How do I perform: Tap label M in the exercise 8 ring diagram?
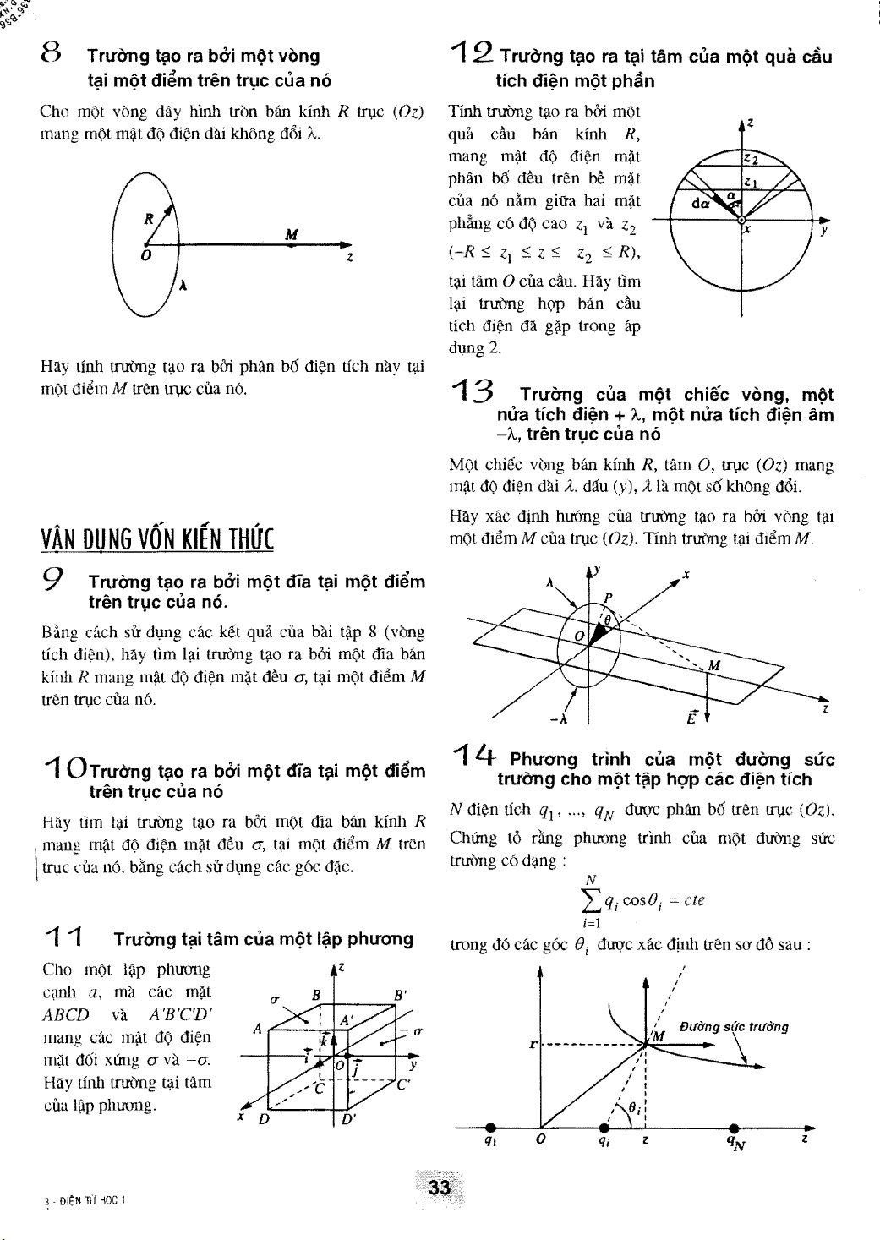click(290, 235)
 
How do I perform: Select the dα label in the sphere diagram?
click(701, 204)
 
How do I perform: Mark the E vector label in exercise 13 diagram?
click(691, 719)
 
